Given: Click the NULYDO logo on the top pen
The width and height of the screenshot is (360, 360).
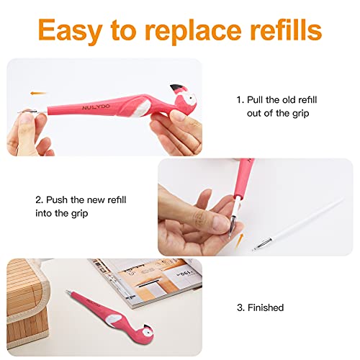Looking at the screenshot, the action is pyautogui.click(x=96, y=107).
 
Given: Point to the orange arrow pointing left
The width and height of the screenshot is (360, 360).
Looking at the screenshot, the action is pyautogui.click(x=38, y=93).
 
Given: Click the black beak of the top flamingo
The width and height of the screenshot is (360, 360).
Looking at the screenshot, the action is pyautogui.click(x=176, y=88).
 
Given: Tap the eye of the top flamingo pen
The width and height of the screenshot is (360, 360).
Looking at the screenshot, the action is pyautogui.click(x=191, y=98).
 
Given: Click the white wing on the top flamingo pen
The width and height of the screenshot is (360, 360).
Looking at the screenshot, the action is pyautogui.click(x=143, y=109).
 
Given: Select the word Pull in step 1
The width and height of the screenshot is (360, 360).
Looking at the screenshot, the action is pyautogui.click(x=255, y=99).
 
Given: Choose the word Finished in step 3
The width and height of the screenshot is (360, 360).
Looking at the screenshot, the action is pyautogui.click(x=266, y=307).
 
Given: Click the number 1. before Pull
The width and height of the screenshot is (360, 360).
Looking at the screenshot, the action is pyautogui.click(x=240, y=100).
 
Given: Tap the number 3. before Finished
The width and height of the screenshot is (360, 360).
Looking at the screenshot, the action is pyautogui.click(x=240, y=307).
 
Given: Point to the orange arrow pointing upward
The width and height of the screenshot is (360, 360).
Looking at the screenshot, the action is pyautogui.click(x=240, y=240).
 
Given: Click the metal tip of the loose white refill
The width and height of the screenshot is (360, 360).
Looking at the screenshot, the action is pyautogui.click(x=262, y=244).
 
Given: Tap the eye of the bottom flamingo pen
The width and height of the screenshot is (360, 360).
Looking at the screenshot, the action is pyautogui.click(x=147, y=332).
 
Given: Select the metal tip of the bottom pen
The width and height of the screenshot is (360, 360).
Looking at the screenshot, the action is pyautogui.click(x=69, y=292).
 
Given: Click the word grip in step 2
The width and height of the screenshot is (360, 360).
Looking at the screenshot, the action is pyautogui.click(x=79, y=214).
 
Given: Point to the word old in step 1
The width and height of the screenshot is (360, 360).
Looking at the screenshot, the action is pyautogui.click(x=289, y=99).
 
